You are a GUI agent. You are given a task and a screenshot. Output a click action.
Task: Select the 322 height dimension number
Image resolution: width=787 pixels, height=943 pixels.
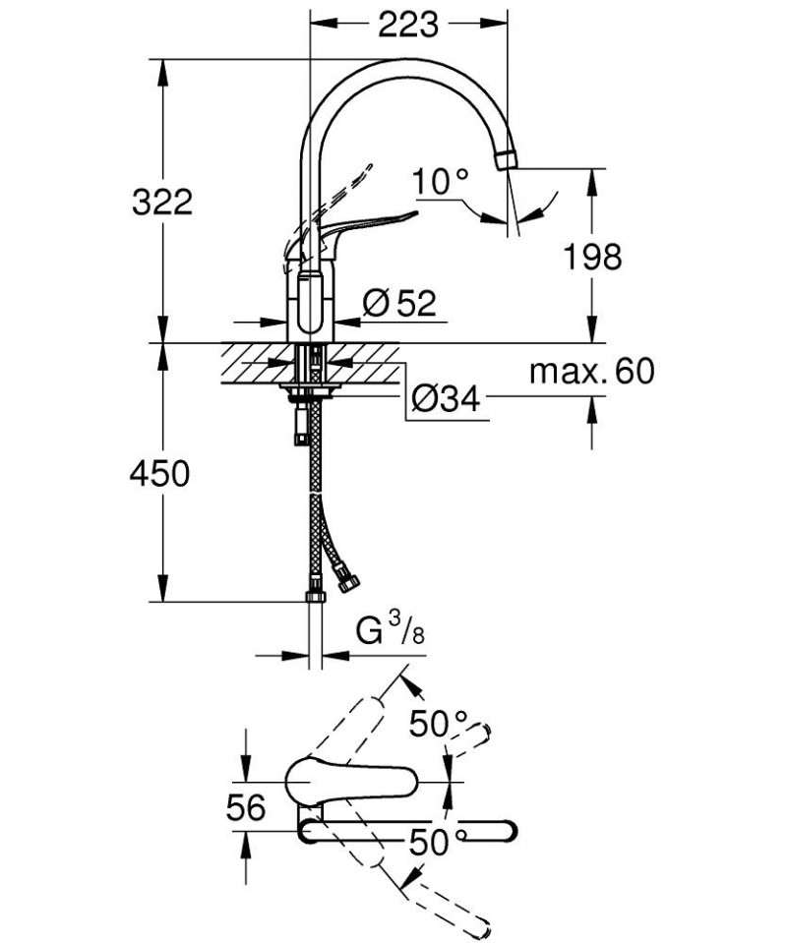[x=162, y=203]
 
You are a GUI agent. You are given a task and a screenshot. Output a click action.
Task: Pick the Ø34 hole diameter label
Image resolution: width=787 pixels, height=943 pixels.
[x=446, y=400]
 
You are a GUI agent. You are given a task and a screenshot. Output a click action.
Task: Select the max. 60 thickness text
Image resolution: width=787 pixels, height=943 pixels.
[x=591, y=372]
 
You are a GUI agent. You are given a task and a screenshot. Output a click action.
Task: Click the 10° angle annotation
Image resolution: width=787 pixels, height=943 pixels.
[x=440, y=183]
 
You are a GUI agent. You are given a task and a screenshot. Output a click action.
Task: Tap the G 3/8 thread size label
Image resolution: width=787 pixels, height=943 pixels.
[x=390, y=631]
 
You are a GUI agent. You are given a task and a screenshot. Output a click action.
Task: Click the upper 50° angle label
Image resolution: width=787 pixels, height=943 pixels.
[x=439, y=726]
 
